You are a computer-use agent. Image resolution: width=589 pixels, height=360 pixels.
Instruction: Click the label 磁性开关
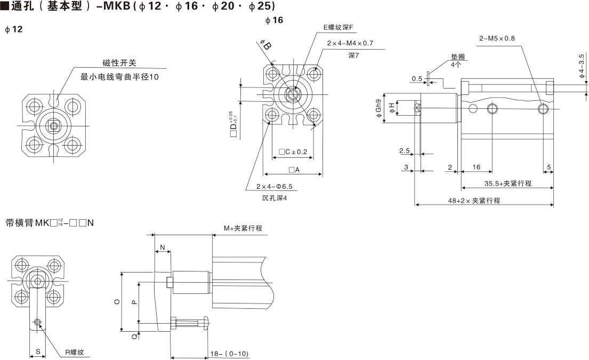[119, 63]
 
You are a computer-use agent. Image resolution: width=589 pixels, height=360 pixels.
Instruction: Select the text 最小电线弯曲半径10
[119, 77]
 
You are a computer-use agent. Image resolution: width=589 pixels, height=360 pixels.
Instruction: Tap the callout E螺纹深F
[338, 27]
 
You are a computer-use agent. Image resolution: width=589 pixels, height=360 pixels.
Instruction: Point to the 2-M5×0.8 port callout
[497, 38]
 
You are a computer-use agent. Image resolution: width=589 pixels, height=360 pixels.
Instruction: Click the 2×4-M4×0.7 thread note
[350, 43]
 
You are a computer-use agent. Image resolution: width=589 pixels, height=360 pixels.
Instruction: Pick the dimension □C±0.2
[293, 152]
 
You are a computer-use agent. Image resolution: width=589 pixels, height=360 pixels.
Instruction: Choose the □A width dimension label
[294, 170]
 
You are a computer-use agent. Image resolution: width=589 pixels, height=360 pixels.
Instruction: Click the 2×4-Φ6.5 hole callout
[274, 186]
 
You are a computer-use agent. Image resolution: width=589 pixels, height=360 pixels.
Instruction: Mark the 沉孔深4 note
[274, 198]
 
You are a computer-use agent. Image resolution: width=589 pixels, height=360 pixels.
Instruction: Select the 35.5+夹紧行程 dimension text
[508, 183]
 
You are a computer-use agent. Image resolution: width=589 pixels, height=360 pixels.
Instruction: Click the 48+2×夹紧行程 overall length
[474, 201]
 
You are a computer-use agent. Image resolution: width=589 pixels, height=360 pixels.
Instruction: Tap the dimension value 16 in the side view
[477, 167]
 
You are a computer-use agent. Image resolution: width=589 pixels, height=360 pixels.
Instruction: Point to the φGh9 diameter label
[378, 108]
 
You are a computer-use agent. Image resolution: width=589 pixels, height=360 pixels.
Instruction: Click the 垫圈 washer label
[458, 57]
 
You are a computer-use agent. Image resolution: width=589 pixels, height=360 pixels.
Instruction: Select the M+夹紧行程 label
[243, 228]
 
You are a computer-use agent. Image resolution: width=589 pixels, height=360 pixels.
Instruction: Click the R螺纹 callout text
[75, 353]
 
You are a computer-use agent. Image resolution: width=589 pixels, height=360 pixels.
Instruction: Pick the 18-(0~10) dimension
[229, 354]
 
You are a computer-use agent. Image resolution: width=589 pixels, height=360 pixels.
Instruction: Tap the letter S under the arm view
[38, 351]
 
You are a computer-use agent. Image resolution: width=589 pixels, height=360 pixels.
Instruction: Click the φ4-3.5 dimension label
[582, 66]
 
